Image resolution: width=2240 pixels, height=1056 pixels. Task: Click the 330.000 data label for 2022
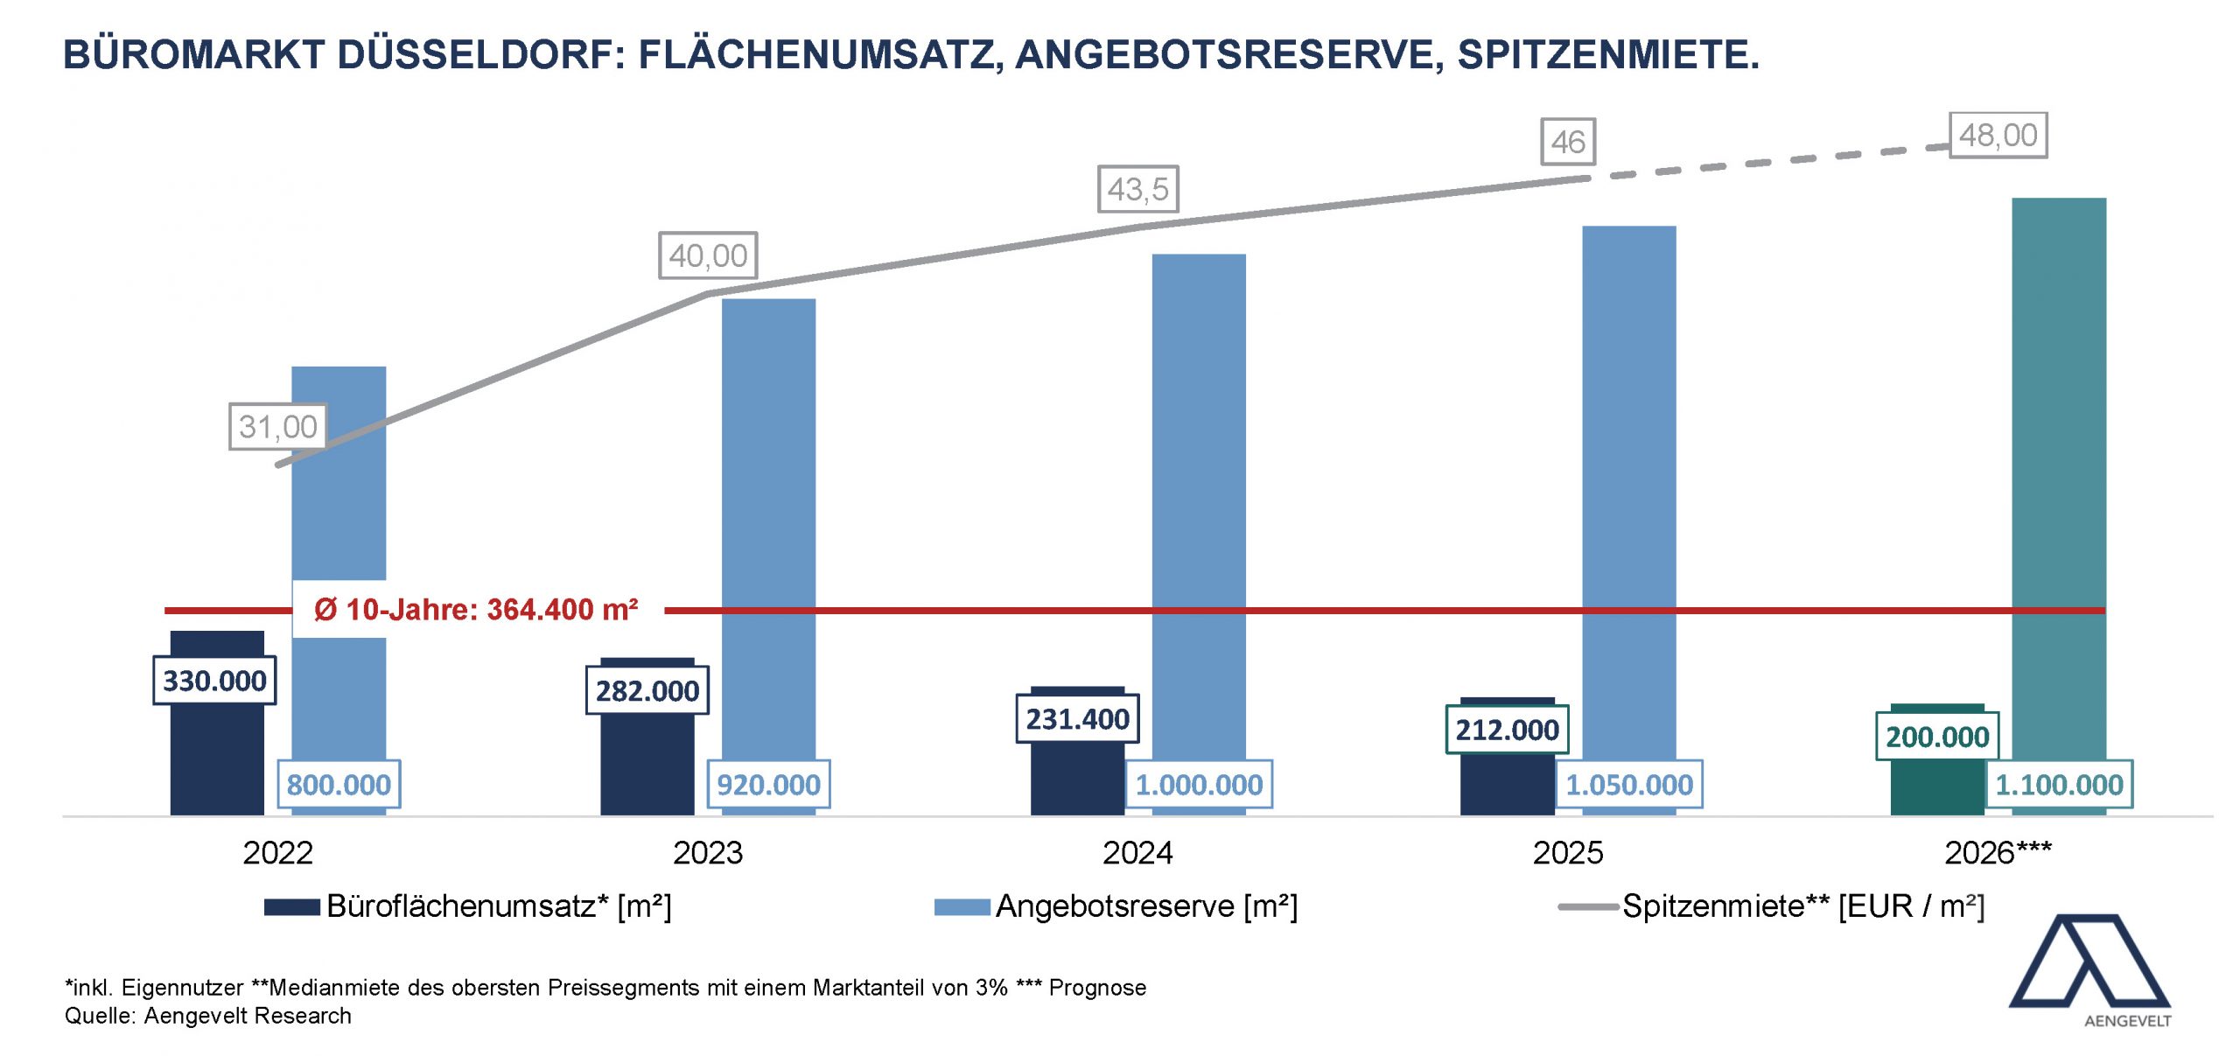[214, 681]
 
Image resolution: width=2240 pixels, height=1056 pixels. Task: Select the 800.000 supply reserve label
[339, 784]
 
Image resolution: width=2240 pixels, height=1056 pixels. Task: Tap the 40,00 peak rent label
[708, 255]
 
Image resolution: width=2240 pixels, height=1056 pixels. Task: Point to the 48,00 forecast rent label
[1998, 136]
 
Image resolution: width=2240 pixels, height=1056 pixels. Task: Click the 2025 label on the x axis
[1567, 853]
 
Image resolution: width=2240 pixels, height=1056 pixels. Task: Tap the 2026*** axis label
[1998, 853]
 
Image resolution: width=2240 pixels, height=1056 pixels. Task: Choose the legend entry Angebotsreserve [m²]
[1116, 906]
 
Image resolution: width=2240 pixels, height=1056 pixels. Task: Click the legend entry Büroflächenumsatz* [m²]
[468, 906]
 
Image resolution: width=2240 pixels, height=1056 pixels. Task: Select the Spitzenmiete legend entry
[1772, 906]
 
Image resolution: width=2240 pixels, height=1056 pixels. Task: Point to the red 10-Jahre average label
[477, 609]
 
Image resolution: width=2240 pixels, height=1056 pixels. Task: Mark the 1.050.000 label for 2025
[1628, 784]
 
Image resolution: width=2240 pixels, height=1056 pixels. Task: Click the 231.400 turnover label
[1077, 719]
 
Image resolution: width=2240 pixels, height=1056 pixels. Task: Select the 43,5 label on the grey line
[1137, 189]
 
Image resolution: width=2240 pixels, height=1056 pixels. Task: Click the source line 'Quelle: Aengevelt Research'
[208, 1016]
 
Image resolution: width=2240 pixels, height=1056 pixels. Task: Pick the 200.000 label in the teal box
[1937, 737]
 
